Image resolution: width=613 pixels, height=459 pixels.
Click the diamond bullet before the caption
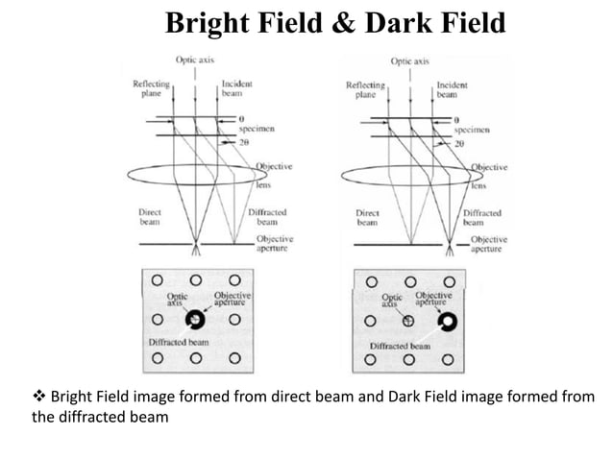[38, 398]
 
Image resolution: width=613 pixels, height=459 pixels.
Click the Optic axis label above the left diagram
[194, 61]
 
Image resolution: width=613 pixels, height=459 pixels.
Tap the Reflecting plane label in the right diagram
[364, 90]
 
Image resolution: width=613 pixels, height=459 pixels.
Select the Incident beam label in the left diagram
[237, 89]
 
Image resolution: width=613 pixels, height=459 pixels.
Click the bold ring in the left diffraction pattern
[196, 319]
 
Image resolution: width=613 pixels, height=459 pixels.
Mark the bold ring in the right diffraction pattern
[448, 321]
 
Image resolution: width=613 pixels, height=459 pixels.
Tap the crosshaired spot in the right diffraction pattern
[408, 321]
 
